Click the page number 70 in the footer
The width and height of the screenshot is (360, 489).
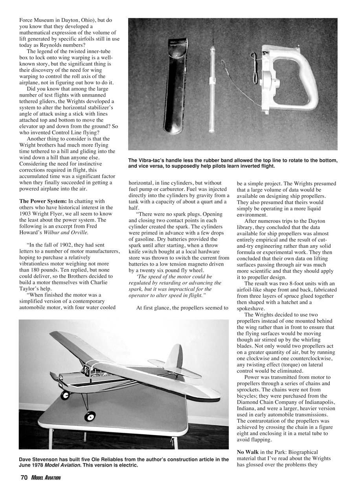[24, 478]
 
